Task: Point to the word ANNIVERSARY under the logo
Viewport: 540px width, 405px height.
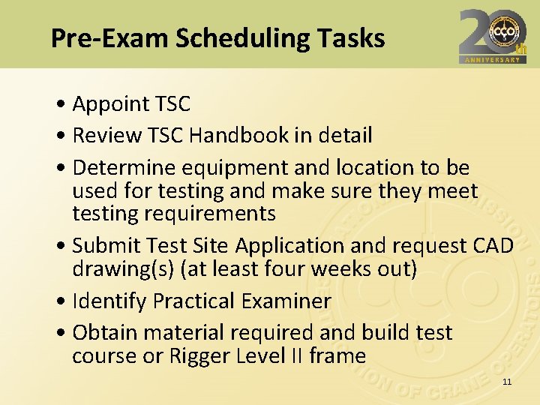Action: (x=493, y=60)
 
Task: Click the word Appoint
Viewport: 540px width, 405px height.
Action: (x=109, y=103)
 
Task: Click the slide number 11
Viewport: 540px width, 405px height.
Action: (x=507, y=382)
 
